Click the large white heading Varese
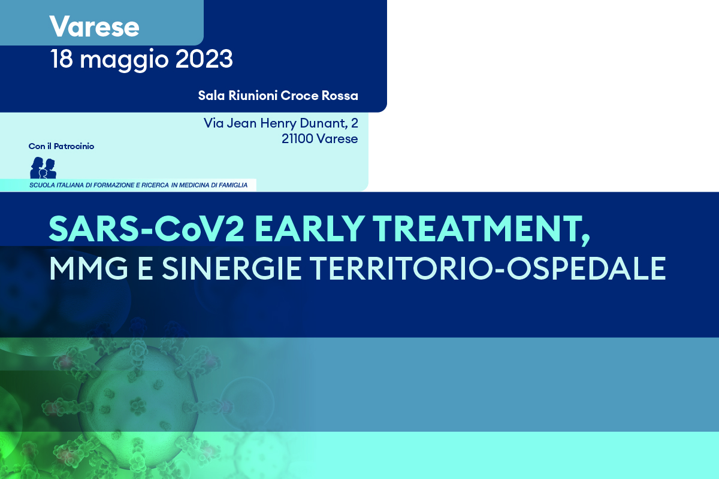(94, 26)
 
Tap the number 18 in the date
(61, 59)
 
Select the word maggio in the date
(124, 61)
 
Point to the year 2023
(204, 59)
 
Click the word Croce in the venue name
(300, 96)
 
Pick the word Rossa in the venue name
(340, 96)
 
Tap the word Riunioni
(253, 96)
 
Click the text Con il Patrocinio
(61, 146)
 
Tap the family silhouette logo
(43, 168)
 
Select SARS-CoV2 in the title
(146, 229)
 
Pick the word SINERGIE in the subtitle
(231, 268)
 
